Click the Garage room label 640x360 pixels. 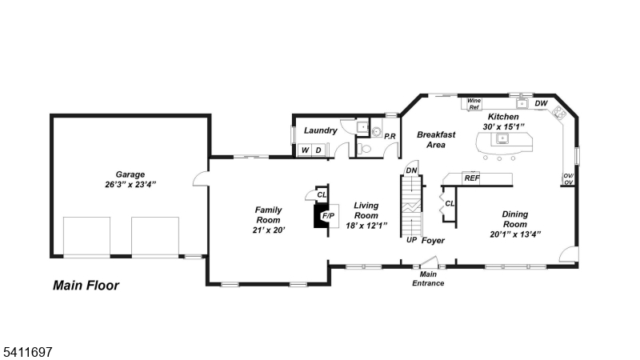129,174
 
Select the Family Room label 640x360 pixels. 268,214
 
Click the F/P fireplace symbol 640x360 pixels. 328,216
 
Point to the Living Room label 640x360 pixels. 366,210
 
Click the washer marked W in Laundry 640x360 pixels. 305,150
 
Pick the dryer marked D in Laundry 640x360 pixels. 318,150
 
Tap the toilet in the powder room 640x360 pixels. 365,148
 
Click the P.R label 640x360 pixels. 390,137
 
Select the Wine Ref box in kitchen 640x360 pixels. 474,103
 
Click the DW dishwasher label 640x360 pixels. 541,103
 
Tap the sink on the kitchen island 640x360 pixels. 502,139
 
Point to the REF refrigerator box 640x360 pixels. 472,178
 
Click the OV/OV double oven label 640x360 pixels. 568,178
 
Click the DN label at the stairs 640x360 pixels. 411,170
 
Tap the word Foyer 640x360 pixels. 433,240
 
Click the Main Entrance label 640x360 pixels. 428,279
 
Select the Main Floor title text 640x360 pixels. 86,285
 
